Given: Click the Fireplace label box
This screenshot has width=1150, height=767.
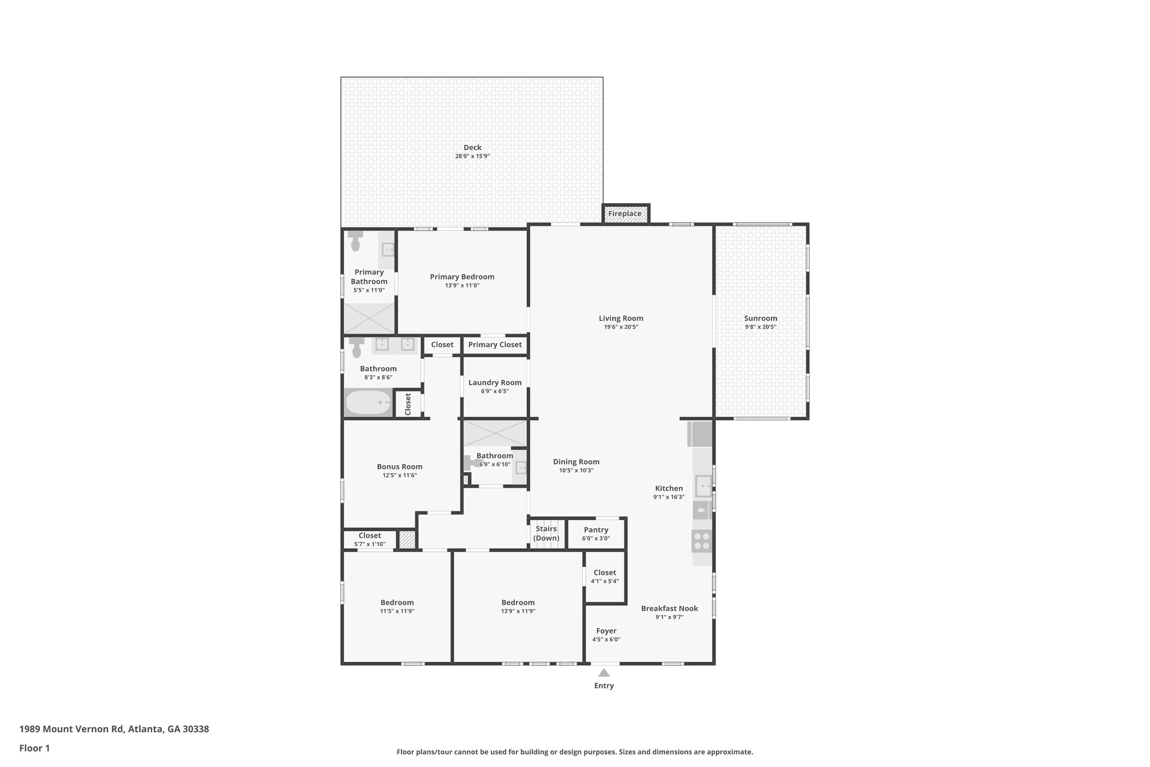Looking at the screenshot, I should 625,214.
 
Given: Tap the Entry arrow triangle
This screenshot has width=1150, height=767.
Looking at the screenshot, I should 604,673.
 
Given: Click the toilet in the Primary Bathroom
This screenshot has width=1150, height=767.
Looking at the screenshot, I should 355,241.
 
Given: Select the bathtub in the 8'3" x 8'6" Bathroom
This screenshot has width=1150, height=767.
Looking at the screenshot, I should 368,403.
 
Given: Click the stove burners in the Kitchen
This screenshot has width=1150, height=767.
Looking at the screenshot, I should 702,541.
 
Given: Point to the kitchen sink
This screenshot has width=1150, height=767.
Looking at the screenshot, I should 703,485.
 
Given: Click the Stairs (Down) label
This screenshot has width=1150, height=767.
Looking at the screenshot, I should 546,533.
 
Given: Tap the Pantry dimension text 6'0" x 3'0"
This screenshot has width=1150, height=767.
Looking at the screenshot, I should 596,538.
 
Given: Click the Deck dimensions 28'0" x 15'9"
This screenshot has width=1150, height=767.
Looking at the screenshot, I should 472,156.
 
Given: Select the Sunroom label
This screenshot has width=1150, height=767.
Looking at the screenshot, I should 760,318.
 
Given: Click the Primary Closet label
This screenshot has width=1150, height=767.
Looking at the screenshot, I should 495,344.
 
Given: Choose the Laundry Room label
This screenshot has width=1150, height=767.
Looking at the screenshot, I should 495,383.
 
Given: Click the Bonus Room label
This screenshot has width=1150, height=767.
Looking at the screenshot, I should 399,466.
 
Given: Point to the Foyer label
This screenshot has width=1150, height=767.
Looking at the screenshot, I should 606,631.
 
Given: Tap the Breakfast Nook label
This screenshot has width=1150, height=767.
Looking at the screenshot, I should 669,609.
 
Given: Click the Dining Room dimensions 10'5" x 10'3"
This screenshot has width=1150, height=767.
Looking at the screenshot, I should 576,470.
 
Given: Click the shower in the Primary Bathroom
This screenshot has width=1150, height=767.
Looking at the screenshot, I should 369,319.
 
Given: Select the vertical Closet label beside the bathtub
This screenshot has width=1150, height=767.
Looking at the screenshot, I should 408,404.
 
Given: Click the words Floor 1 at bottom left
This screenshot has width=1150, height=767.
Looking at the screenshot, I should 35,748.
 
